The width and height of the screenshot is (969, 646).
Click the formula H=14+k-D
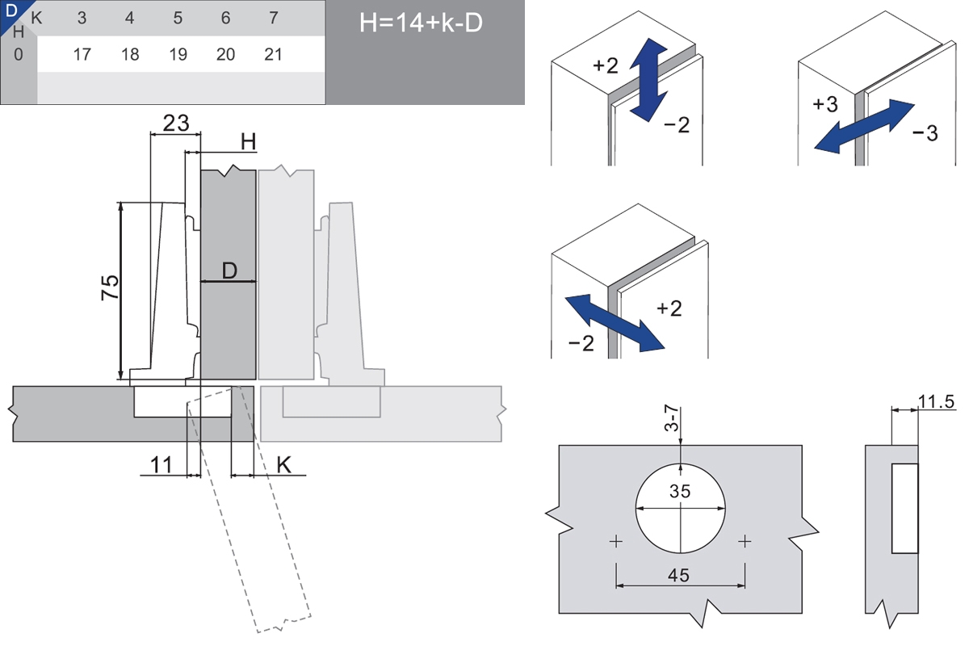point(421,23)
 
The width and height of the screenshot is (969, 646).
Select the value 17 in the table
point(82,54)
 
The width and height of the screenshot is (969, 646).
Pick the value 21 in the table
point(274,54)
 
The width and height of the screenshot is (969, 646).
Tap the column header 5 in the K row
point(178,18)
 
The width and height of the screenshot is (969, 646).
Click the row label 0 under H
point(19,54)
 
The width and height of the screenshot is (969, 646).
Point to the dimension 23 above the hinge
point(176,123)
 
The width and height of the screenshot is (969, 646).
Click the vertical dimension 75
point(110,287)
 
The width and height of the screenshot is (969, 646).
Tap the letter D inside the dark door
point(229,271)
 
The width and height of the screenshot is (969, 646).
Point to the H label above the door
point(248,142)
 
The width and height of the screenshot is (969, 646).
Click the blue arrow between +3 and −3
point(863,125)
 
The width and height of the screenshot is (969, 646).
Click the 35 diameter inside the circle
point(680,491)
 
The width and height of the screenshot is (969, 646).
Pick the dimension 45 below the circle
point(680,575)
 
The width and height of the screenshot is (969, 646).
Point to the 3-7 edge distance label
point(670,421)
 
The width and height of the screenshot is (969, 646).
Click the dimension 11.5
point(937,402)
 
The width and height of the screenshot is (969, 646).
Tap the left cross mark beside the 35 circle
point(617,541)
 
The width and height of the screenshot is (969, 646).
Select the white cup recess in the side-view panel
point(905,508)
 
